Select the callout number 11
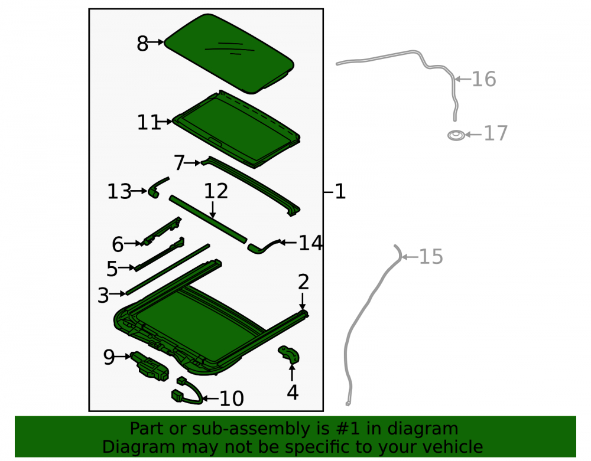pos(148,123)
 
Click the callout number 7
pos(179,164)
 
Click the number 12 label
pos(216,191)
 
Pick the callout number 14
pos(311,243)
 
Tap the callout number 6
pos(118,244)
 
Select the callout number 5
pos(112,269)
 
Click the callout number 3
pos(103,295)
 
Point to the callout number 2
pos(303,282)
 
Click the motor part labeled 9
pos(150,366)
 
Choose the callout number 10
pos(232,398)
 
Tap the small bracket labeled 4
pos(290,355)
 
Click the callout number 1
pos(340,192)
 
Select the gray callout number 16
pos(484,80)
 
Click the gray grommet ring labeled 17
pos(456,135)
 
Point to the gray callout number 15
pos(431,257)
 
